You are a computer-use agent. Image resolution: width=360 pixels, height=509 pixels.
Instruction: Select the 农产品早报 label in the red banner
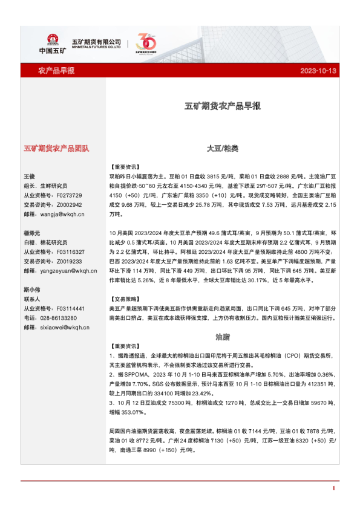point(56,71)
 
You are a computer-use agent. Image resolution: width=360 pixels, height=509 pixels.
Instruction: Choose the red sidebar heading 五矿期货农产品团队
point(56,148)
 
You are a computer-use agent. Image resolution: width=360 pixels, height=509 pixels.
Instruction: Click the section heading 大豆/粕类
point(222,148)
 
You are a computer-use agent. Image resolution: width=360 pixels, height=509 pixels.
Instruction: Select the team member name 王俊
point(30,176)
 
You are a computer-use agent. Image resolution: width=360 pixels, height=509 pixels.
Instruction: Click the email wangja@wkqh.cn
point(61,214)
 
